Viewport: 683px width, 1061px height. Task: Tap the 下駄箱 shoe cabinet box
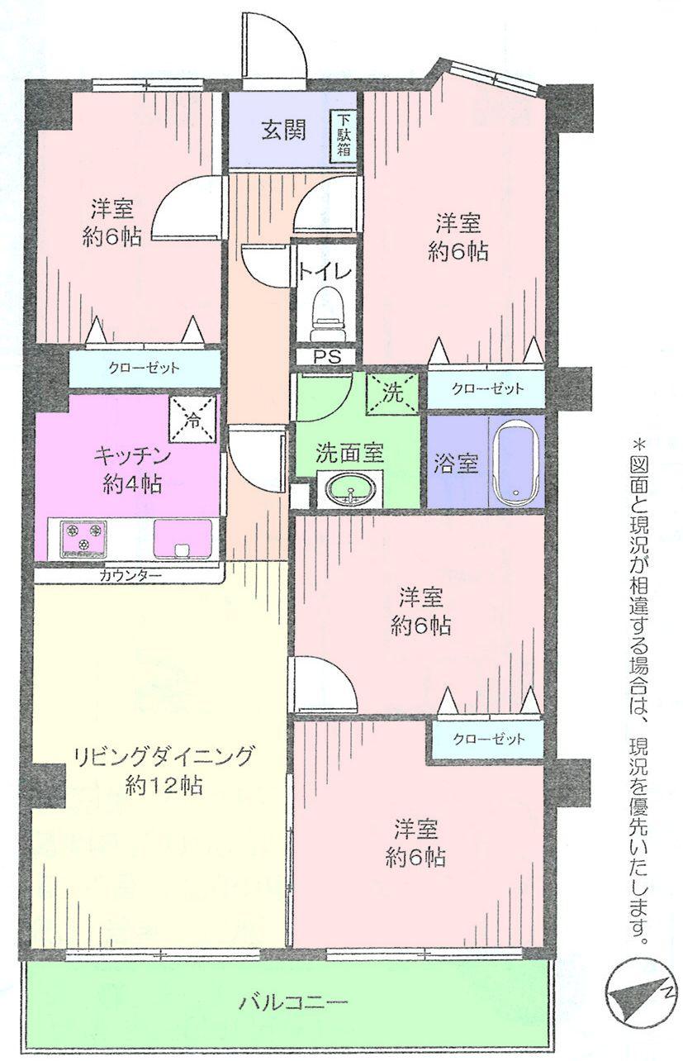(344, 136)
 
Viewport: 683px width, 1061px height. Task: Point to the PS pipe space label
(325, 357)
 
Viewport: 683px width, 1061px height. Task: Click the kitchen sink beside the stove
(183, 539)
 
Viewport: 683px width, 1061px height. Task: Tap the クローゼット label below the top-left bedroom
(144, 368)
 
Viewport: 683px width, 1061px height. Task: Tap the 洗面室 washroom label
(349, 452)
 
